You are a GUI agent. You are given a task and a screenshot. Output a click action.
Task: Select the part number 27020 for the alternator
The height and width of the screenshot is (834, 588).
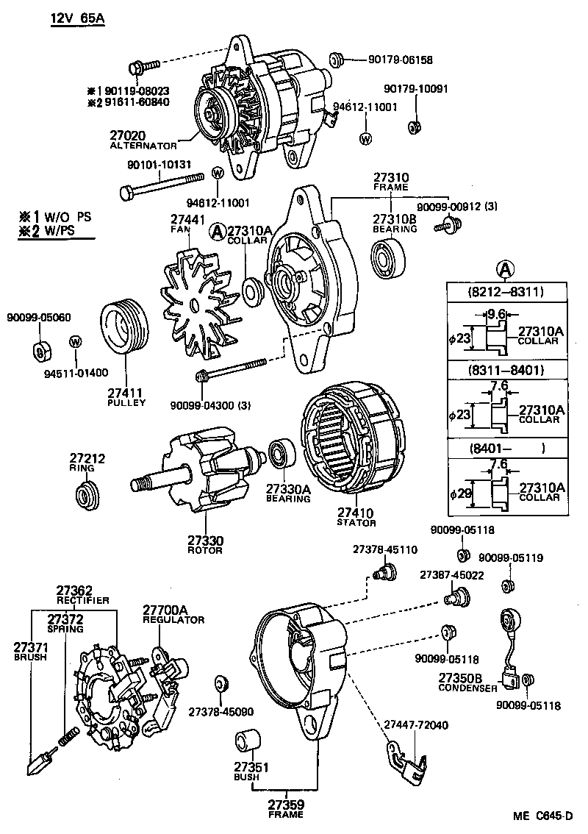[128, 135]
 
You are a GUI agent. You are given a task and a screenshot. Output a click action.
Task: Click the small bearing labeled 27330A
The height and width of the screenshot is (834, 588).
[281, 454]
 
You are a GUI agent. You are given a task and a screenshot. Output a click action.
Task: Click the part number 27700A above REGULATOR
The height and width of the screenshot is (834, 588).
[165, 610]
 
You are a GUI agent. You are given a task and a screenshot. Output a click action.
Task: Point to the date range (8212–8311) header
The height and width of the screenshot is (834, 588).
[505, 292]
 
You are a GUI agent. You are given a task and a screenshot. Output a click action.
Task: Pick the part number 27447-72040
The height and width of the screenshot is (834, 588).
[416, 724]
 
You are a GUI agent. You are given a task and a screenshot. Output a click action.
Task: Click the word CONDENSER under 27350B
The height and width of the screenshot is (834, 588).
[467, 688]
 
